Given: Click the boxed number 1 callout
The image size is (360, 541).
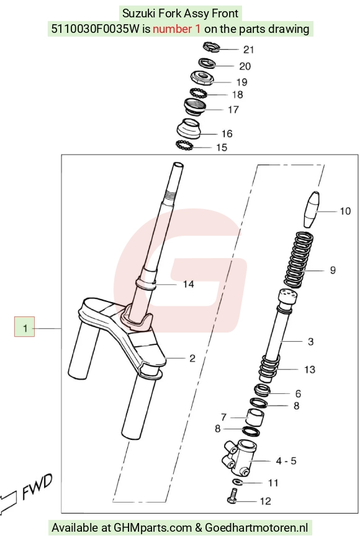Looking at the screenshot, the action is click(24, 326).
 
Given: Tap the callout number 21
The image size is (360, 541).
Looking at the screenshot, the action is click(248, 50).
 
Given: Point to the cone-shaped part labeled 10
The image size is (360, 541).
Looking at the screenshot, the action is click(312, 210).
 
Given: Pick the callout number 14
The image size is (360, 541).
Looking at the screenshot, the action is click(189, 284).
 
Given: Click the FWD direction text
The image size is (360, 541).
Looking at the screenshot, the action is click(37, 486).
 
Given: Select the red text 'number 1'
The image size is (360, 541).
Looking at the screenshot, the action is click(176, 29).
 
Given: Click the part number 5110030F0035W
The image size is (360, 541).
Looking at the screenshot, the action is click(95, 29).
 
